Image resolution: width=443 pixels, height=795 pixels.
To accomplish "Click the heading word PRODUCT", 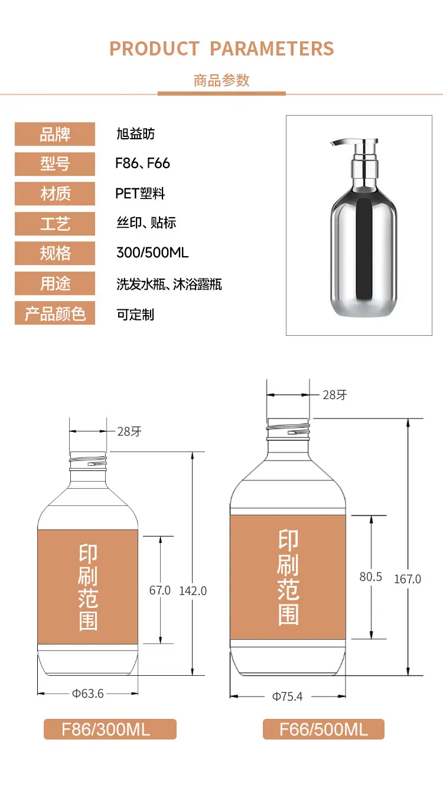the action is [154, 48].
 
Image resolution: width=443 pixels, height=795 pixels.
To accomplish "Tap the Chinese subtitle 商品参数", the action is [221, 81].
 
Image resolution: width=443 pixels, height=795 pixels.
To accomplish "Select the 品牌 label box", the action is [55, 134].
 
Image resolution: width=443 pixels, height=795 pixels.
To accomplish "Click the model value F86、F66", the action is [142, 163].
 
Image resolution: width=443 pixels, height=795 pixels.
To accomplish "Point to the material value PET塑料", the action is [140, 194].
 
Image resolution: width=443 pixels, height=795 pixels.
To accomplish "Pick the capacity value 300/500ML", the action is [152, 253].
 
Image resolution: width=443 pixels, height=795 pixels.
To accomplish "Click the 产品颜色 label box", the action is [55, 313].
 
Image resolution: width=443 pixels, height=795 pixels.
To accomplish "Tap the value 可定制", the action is [135, 315].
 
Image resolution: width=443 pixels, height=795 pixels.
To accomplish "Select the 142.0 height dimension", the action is [193, 591].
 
